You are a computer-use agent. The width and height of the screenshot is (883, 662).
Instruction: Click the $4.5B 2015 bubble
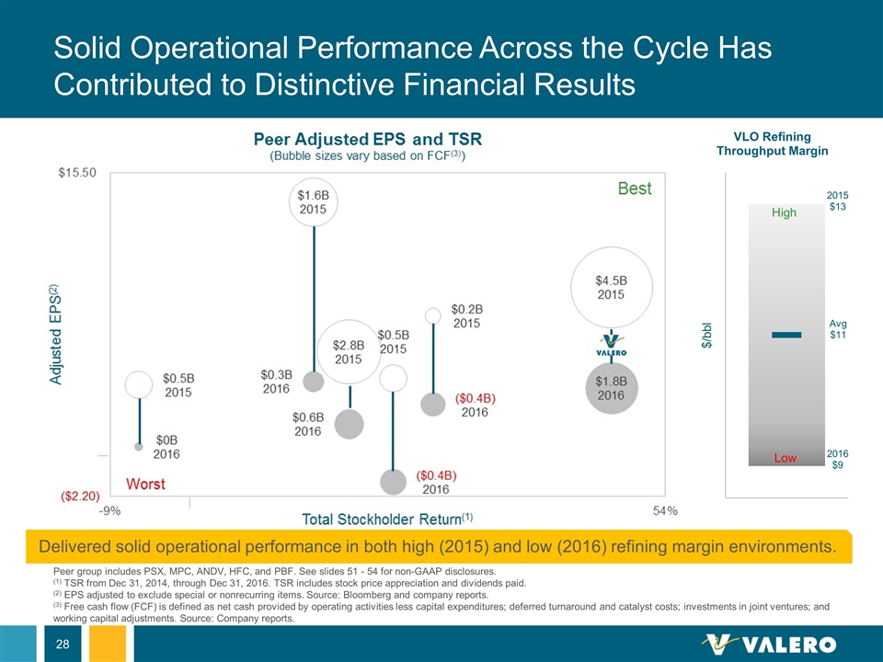pos(612,285)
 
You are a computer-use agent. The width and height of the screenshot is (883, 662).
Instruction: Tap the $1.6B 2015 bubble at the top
pos(315,203)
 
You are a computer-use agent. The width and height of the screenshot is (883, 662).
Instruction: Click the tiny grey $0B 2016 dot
pos(139,446)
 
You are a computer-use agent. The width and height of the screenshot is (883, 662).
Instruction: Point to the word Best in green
pos(634,188)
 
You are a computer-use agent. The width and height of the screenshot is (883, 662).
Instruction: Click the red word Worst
pos(145,483)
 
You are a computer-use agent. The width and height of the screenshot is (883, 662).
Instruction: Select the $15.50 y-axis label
pos(81,173)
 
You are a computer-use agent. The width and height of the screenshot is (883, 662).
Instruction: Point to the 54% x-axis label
pos(665,511)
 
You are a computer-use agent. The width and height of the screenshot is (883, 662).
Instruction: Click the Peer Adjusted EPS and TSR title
pos(368,139)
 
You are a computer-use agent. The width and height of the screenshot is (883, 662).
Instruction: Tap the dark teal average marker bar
pos(786,335)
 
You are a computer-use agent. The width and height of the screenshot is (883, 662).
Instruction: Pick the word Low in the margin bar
pos(786,457)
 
